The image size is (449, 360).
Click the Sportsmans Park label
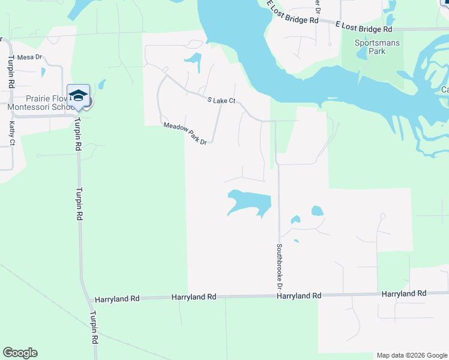[x=378, y=47]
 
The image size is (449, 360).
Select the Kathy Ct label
[x=12, y=133]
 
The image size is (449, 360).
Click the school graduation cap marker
[x=78, y=95]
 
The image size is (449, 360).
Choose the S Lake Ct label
[x=221, y=101]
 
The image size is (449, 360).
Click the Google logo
[x=20, y=353]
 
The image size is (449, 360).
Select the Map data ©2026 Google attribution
[x=411, y=355]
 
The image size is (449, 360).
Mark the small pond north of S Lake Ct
[x=193, y=59]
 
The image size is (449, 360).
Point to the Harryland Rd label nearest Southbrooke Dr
[x=298, y=296]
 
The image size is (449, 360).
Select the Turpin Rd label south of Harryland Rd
[x=94, y=326]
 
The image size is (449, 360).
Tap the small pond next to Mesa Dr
[x=43, y=72]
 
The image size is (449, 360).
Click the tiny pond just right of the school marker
[x=101, y=84]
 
